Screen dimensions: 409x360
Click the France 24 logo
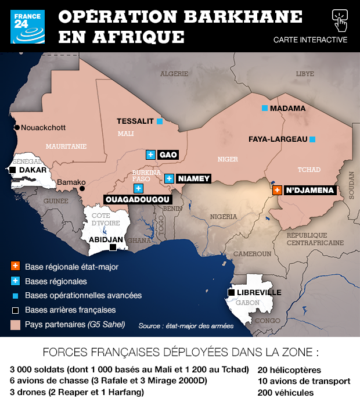27,27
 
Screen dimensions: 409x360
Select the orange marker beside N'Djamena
277,190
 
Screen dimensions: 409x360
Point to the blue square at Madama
264,109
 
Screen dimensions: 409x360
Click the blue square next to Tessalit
159,121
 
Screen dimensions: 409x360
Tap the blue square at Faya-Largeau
312,139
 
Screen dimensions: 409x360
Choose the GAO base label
168,155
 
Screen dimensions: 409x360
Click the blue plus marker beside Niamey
169,178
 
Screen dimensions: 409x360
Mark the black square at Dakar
12,170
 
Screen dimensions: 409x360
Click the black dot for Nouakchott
17,127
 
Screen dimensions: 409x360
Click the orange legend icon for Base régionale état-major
16,267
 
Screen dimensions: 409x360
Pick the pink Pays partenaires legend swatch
16,324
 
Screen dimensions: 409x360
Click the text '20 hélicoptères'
289,369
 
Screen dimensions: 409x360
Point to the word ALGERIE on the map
174,74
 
